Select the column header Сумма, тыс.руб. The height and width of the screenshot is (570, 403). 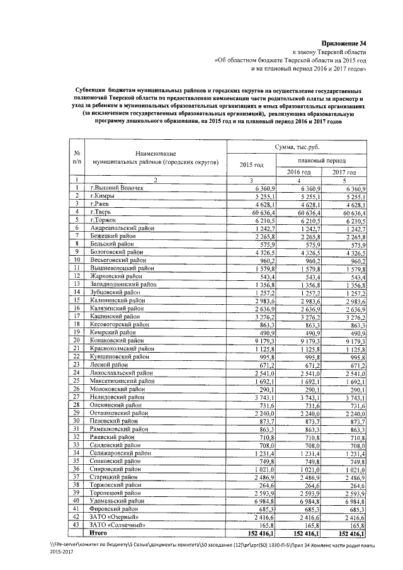297,147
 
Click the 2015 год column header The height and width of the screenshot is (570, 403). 252,165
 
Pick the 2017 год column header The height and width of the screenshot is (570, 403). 344,172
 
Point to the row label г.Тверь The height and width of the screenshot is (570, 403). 103,213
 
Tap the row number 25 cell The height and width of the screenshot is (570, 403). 76,381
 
